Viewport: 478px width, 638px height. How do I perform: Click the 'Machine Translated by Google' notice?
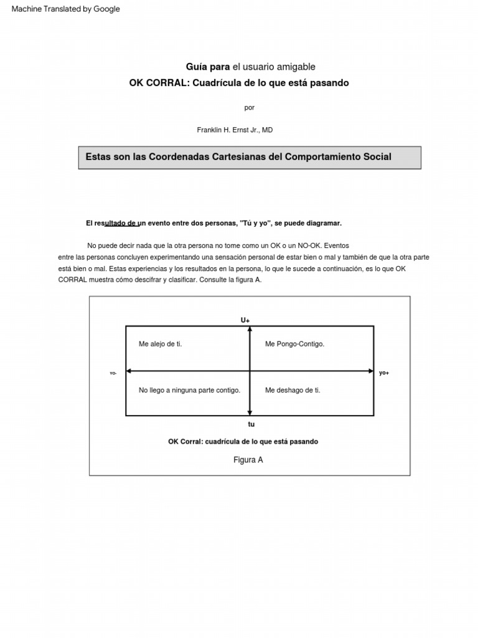tap(66, 9)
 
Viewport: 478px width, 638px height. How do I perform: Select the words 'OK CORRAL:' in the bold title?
tap(154, 83)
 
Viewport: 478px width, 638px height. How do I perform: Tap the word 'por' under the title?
tap(249, 107)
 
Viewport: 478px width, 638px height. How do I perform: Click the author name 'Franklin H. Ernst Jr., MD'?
tap(235, 130)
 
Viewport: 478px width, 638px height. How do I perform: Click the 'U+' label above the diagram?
tap(245, 320)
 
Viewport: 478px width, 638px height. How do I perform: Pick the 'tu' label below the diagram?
tap(251, 424)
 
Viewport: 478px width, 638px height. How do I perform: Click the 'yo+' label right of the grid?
tap(384, 373)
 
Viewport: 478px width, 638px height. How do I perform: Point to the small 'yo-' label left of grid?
tap(113, 373)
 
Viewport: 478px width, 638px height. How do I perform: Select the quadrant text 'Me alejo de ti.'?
tap(160, 344)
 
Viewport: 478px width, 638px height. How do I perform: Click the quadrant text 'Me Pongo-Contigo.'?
tap(294, 344)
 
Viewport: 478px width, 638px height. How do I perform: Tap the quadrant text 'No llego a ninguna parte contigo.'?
tap(189, 390)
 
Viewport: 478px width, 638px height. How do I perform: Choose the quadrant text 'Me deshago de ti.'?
tap(293, 390)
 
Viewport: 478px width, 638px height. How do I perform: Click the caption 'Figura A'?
tap(248, 460)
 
